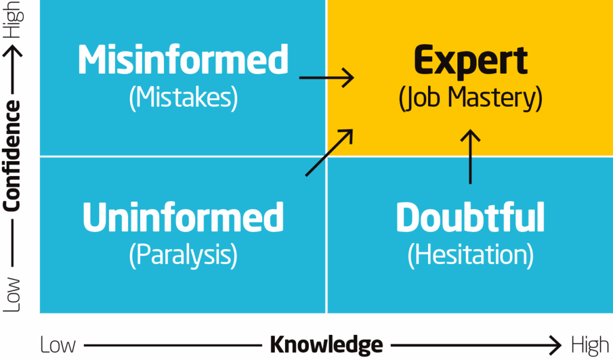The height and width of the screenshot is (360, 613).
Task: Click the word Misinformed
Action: pyautogui.click(x=183, y=60)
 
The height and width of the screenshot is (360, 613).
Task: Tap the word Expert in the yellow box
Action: pyautogui.click(x=471, y=60)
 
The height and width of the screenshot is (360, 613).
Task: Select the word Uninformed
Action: pyautogui.click(x=183, y=217)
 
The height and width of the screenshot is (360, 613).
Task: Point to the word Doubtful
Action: pyautogui.click(x=471, y=217)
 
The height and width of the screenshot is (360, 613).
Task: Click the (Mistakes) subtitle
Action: pyautogui.click(x=183, y=98)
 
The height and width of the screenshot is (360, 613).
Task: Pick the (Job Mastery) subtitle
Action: pyautogui.click(x=471, y=98)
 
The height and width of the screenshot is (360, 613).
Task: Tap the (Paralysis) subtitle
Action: pyautogui.click(x=183, y=255)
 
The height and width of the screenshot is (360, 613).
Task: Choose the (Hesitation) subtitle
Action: pyautogui.click(x=471, y=255)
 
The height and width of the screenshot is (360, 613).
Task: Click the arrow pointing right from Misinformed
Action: pyautogui.click(x=327, y=78)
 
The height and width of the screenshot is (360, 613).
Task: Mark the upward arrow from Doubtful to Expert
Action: pyautogui.click(x=471, y=157)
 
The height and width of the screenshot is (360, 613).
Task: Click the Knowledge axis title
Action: pyautogui.click(x=326, y=345)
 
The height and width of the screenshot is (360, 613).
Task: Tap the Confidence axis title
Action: pyautogui.click(x=12, y=156)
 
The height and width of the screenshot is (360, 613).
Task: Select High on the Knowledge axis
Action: pyautogui.click(x=590, y=345)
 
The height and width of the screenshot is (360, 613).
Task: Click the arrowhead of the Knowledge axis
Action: pyautogui.click(x=556, y=345)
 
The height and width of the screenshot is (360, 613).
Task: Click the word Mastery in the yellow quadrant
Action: pyautogui.click(x=501, y=98)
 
